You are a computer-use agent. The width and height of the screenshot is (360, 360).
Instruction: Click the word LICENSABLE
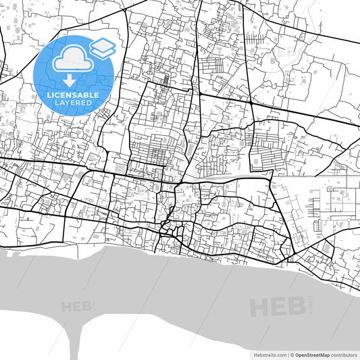[x=73, y=95]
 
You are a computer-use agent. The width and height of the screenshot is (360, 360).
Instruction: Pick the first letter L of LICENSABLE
[x=49, y=95]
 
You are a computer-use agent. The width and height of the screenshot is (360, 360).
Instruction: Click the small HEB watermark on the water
[x=76, y=307]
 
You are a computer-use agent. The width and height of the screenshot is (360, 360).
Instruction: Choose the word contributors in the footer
[x=344, y=355]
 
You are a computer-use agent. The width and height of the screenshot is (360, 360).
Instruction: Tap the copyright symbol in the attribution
[x=293, y=355]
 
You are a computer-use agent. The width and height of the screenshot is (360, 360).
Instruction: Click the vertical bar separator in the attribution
[x=288, y=355]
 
